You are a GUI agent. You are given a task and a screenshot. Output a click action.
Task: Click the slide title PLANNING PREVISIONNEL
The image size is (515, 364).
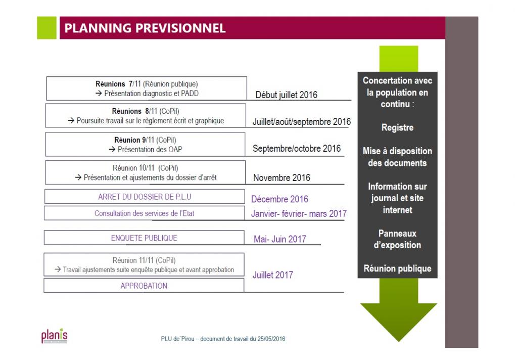pos(145,28)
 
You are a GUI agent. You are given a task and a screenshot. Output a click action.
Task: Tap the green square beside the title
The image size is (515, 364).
pos(46,28)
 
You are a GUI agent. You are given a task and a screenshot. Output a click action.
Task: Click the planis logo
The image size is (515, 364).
pos(54,335)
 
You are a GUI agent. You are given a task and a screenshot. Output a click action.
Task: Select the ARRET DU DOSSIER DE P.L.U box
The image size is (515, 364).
pos(145,197)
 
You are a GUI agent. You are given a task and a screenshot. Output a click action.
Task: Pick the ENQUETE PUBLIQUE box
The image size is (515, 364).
pos(144,238)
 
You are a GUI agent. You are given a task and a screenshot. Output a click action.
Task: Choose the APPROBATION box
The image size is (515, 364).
pos(144,286)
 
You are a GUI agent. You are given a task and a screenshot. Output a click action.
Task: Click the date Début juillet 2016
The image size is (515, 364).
pos(287,95)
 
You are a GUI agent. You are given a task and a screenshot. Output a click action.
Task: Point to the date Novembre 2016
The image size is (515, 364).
pos(282,178)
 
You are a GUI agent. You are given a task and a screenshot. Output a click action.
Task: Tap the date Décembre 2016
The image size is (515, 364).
pos(279,199)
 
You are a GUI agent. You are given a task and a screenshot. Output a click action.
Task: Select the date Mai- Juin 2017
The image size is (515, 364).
pos(280,239)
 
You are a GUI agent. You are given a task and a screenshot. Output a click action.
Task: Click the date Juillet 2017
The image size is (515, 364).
pos(272,275)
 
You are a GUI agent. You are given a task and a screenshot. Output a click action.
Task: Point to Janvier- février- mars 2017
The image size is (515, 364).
pos(299,213)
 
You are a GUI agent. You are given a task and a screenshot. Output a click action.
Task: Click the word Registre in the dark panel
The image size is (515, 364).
pos(397,127)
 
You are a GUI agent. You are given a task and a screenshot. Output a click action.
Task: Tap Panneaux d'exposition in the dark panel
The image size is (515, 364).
pos(397,239)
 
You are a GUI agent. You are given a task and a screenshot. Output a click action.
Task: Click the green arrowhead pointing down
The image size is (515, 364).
pos(399,322)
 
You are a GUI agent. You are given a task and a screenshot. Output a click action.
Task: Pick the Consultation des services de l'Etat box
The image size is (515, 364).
pos(144,213)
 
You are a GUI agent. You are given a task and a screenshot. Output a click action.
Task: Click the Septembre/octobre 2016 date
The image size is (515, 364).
pos(297,149)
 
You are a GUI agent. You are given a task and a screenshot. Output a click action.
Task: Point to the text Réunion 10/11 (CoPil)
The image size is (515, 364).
pos(146,168)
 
